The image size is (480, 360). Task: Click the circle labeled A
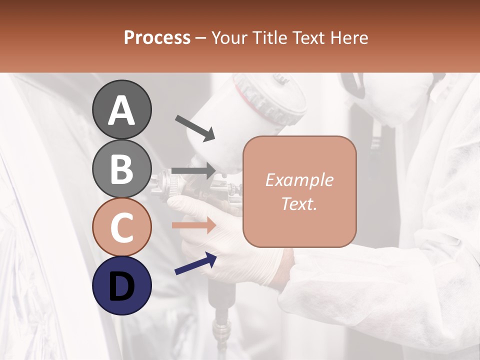122,109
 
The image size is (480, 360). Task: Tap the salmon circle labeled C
122,227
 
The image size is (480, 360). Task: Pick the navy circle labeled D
122,285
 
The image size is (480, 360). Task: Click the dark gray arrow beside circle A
195,128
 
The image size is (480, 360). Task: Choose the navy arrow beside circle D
195,263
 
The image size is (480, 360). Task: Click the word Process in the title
157,37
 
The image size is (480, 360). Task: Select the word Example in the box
299,180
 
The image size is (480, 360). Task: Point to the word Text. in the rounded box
299,203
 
